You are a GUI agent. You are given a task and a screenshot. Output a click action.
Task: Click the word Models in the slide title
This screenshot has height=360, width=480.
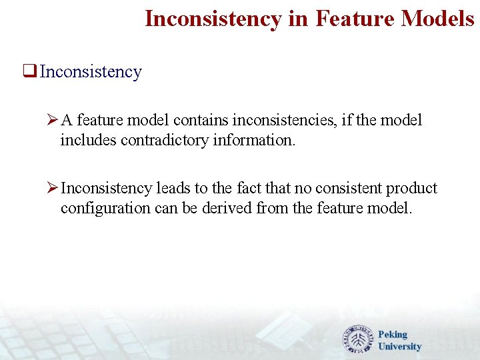437,19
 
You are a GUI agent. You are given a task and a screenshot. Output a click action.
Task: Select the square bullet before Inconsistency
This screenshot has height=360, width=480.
29,72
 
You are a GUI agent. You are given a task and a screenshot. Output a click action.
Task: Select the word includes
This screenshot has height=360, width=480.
88,141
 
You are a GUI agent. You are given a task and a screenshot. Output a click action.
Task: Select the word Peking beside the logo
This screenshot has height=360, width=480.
392,335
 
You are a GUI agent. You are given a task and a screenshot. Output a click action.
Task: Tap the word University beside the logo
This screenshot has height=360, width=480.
399,347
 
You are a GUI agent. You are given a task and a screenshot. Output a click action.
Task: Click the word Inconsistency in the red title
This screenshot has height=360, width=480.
213,19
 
